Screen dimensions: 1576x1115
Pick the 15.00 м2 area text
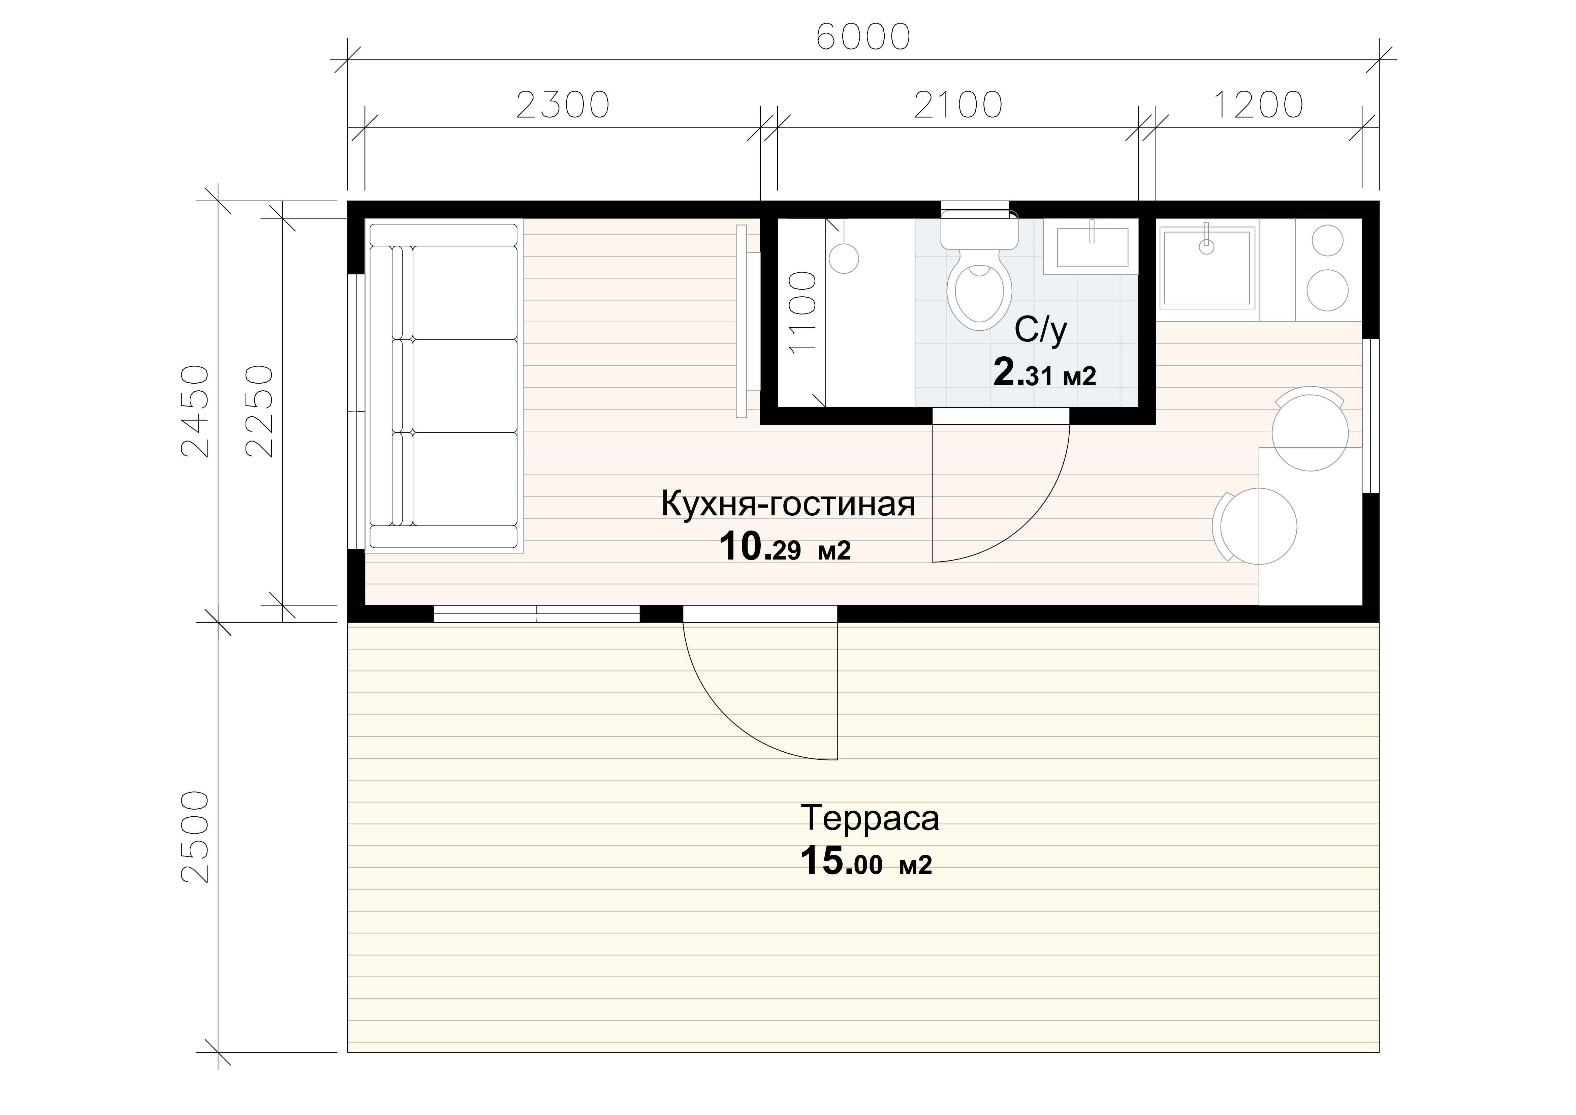(866, 862)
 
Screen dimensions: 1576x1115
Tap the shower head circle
(844, 258)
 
